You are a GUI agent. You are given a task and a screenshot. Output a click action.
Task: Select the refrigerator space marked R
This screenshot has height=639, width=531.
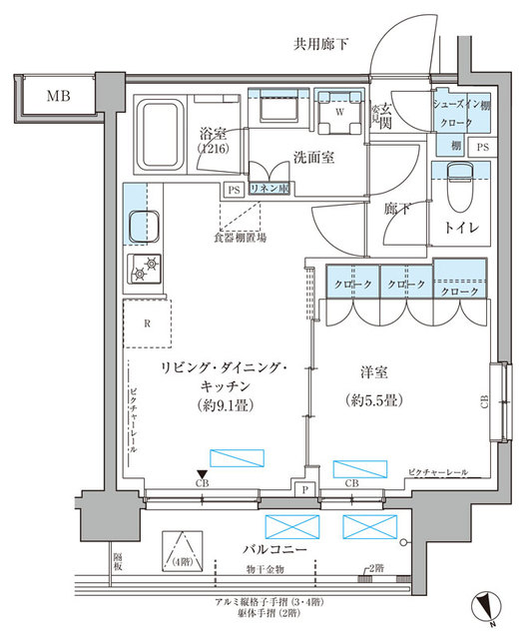pos(148,322)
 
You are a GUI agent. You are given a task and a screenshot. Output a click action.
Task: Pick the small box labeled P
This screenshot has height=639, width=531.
pos(304,488)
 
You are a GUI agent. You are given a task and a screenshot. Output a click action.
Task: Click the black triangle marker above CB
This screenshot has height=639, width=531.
pos(203,474)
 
